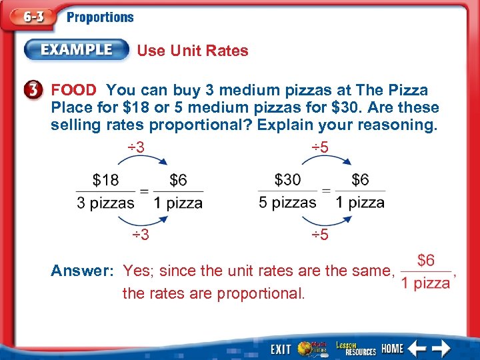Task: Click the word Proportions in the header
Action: pos(100,18)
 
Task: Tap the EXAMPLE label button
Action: pos(77,50)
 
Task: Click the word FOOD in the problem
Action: pos(73,90)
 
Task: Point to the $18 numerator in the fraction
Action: pos(107,180)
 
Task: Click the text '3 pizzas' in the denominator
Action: pos(105,203)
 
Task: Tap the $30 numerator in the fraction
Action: pos(287,180)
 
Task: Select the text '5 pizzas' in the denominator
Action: pos(287,203)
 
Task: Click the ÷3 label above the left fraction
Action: pos(136,147)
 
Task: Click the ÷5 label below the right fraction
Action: pos(321,235)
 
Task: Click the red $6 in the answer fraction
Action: pos(426,261)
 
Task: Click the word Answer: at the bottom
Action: pos(84,271)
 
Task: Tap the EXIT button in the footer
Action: pos(281,349)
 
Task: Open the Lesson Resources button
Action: pos(356,348)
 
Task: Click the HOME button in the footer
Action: pos(393,349)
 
